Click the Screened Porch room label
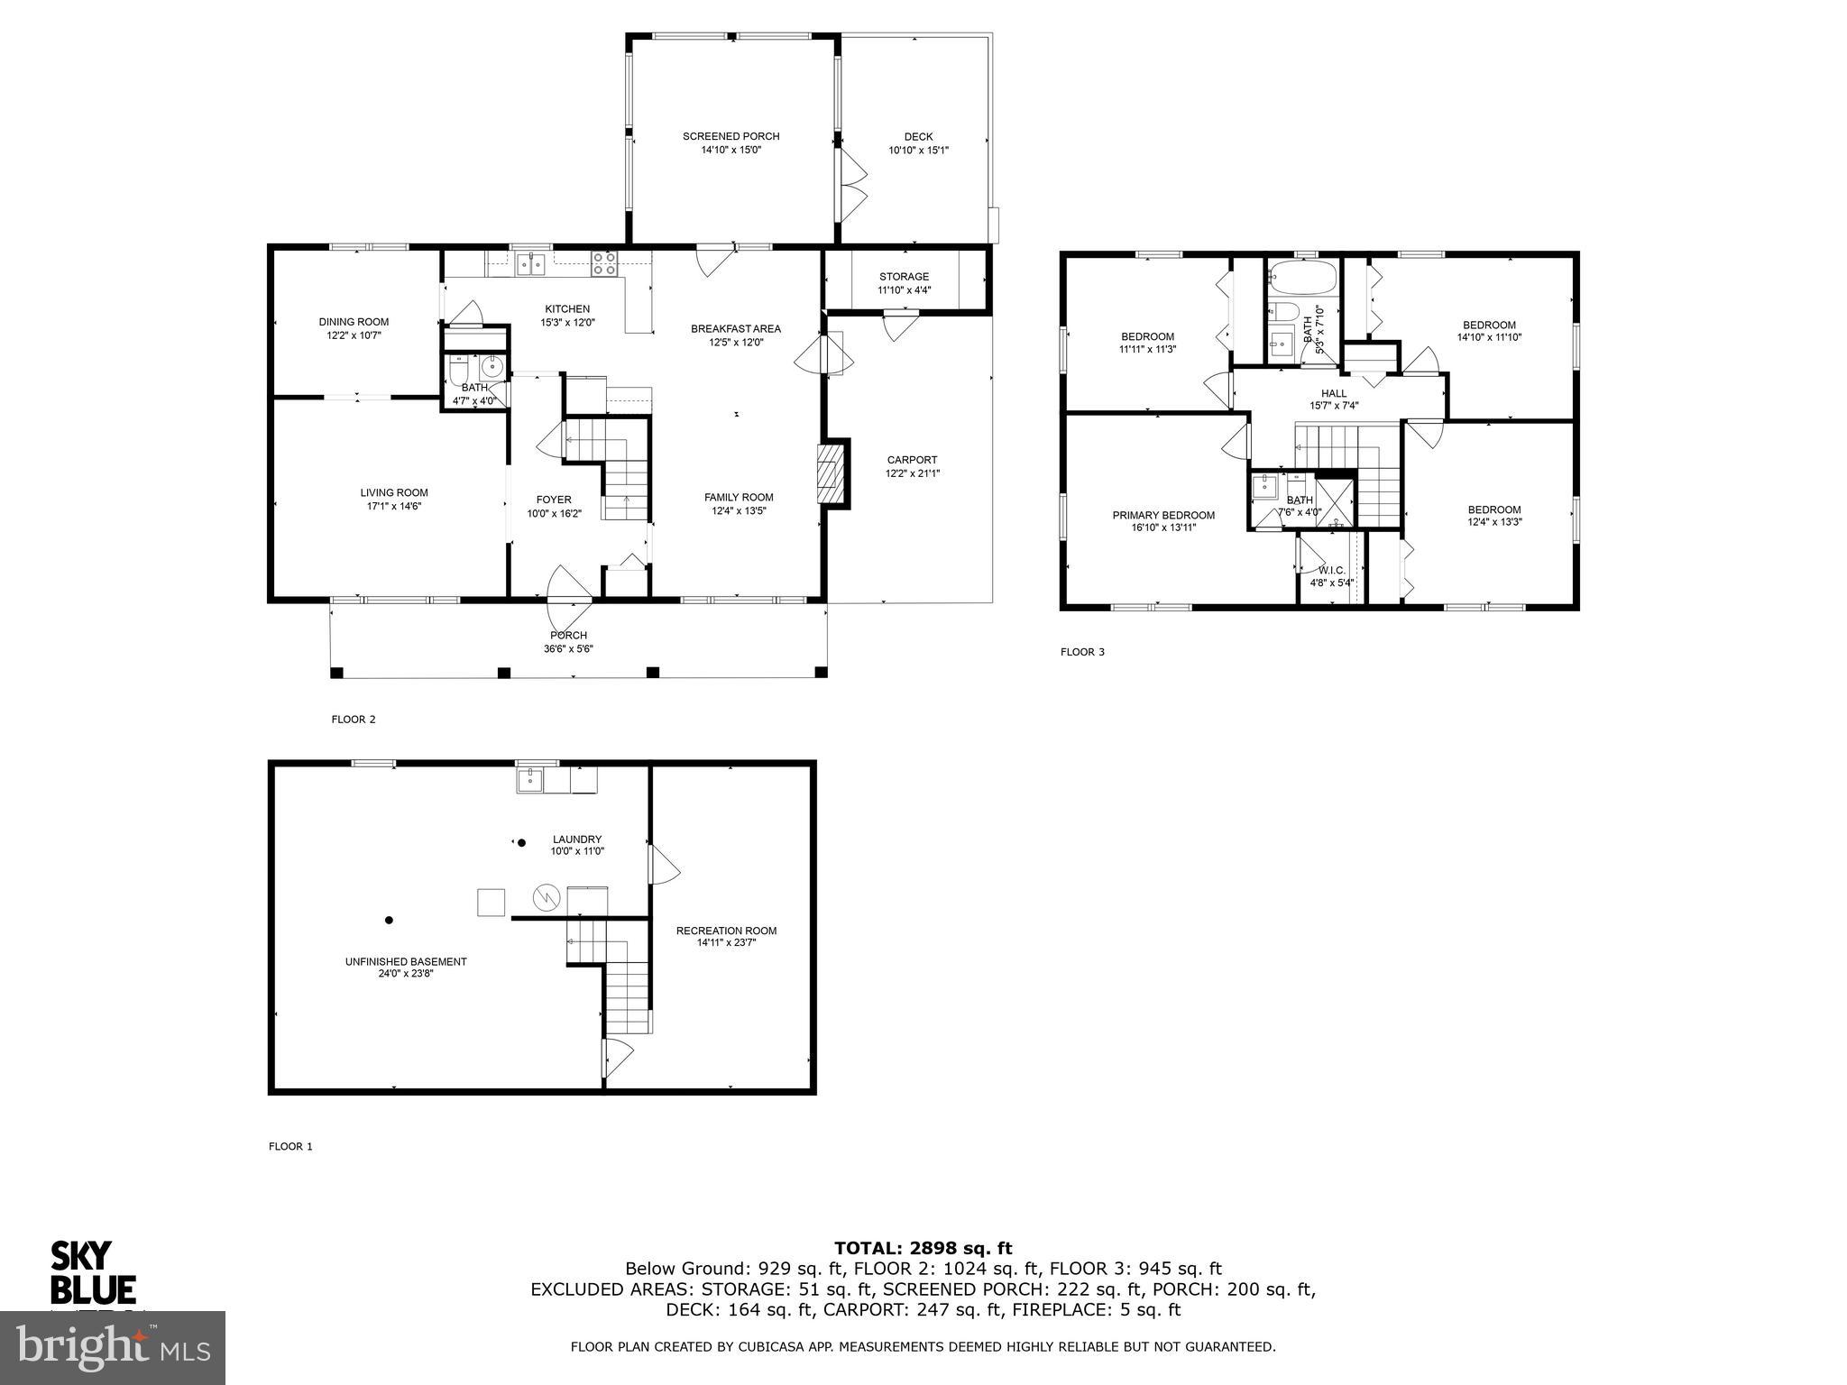tap(731, 136)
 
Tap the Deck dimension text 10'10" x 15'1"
tap(918, 151)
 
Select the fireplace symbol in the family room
tap(827, 474)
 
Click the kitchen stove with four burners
tap(604, 263)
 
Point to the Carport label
tap(912, 460)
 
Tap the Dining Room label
tap(354, 322)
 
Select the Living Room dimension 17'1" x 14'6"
tap(394, 506)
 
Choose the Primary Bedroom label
tap(1163, 516)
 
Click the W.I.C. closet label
tap(1331, 571)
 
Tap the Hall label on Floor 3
tap(1334, 393)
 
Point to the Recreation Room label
tap(726, 931)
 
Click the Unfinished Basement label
tap(406, 961)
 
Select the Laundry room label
tap(577, 839)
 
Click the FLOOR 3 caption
tap(1082, 652)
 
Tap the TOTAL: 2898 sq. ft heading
tap(923, 1248)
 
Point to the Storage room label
tap(904, 277)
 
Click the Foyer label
tap(554, 500)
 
